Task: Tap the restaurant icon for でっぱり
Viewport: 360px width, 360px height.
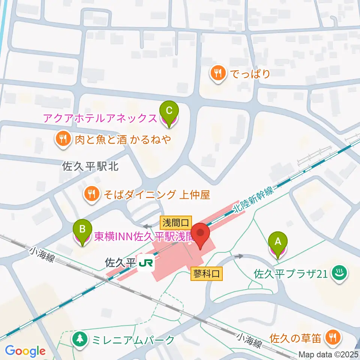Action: pyautogui.click(x=218, y=73)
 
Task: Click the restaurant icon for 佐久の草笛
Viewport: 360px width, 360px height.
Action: pyautogui.click(x=331, y=337)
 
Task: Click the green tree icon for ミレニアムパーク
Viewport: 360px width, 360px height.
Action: pyautogui.click(x=79, y=340)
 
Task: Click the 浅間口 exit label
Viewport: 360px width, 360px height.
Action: pyautogui.click(x=176, y=223)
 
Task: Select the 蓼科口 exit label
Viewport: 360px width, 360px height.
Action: pyautogui.click(x=207, y=274)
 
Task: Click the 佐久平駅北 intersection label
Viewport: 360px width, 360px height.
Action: pyautogui.click(x=90, y=166)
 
